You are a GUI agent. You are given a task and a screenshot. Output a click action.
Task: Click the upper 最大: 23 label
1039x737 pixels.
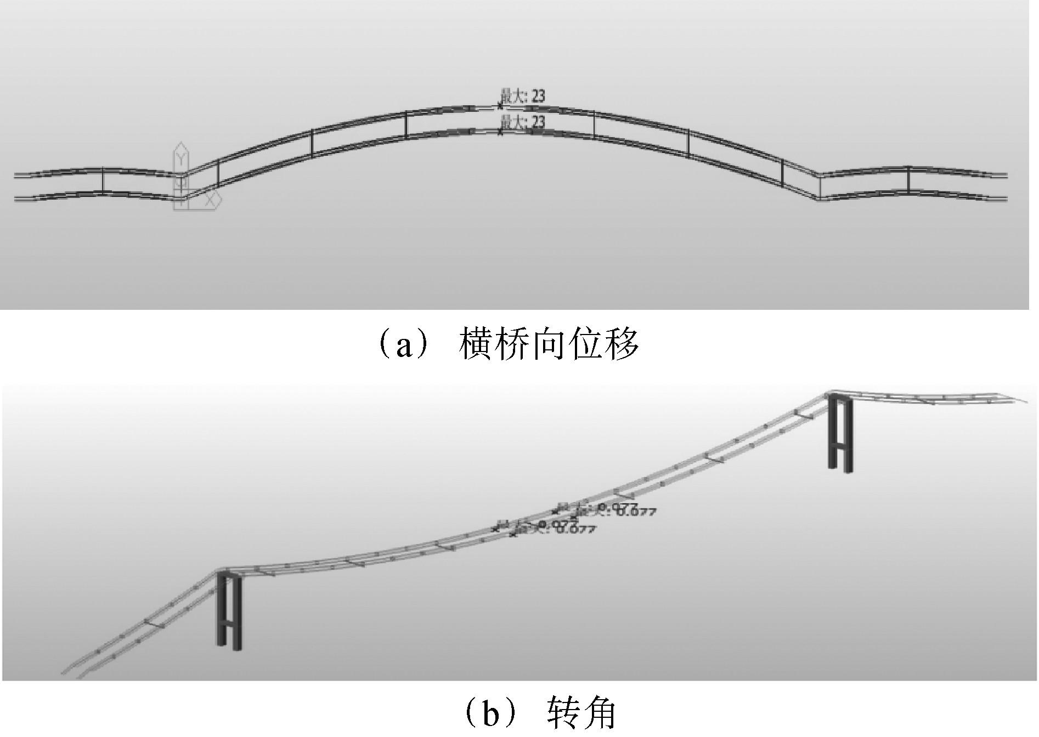coord(522,97)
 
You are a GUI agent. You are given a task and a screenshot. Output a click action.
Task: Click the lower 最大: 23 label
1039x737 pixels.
coord(522,122)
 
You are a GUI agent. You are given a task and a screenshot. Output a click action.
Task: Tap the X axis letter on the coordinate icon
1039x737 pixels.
coord(210,201)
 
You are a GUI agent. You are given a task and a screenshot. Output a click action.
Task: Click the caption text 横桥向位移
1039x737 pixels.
coord(549,344)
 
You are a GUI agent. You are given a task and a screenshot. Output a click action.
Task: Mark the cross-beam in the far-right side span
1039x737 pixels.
coord(908,179)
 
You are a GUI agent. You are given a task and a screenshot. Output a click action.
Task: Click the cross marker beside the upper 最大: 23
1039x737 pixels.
coord(500,106)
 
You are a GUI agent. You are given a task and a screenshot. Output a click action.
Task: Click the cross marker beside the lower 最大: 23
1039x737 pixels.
coord(500,132)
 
